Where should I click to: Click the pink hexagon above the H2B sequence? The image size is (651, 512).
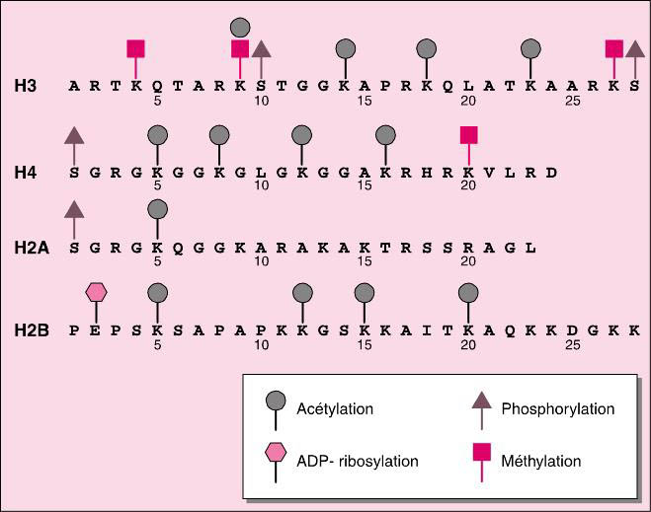96,292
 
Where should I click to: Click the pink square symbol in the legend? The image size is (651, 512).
481,455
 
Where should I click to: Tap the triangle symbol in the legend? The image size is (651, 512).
481,400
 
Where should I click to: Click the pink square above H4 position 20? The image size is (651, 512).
468,134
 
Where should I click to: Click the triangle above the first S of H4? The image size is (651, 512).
74,134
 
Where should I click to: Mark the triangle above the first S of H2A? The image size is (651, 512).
74,208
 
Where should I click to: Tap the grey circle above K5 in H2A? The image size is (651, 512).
156,208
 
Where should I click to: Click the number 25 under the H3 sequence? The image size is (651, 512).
572,100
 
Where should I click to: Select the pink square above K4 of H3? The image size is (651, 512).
136,48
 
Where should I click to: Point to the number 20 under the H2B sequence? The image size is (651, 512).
468,345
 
